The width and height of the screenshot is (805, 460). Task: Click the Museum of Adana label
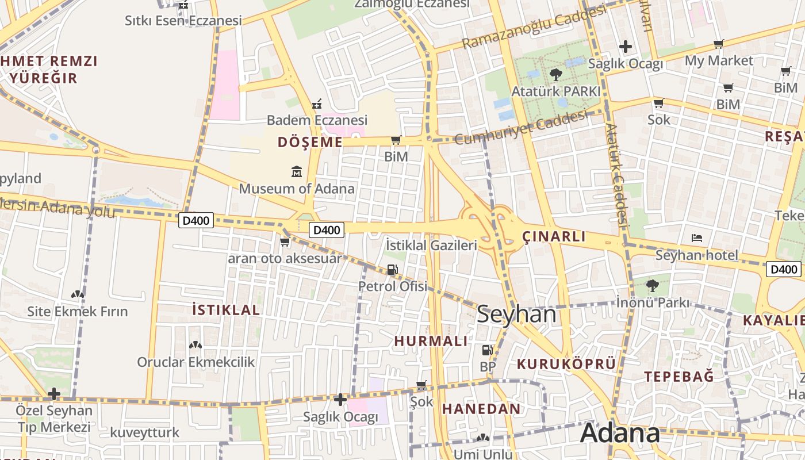297,189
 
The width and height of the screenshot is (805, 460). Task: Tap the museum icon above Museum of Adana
297,171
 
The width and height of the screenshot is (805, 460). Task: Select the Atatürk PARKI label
556,91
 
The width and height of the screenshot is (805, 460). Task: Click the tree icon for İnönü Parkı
653,285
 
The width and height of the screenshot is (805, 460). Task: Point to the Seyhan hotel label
696,255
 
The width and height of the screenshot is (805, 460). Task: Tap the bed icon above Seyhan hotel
697,237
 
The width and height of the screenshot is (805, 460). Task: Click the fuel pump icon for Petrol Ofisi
393,269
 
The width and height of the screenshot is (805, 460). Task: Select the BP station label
488,366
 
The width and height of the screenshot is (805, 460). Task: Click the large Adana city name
620,433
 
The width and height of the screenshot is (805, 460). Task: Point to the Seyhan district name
516,315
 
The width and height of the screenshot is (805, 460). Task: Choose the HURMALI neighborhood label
431,341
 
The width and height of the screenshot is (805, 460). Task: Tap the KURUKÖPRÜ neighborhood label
566,363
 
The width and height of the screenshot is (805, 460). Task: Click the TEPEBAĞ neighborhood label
678,377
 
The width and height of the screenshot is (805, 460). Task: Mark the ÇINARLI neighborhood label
554,236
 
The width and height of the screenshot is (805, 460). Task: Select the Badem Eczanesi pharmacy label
317,120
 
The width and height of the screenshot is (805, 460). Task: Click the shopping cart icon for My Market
718,44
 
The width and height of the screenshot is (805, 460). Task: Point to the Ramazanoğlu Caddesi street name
534,27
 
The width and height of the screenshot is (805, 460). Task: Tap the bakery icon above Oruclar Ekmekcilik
195,345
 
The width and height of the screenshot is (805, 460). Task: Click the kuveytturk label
144,432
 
